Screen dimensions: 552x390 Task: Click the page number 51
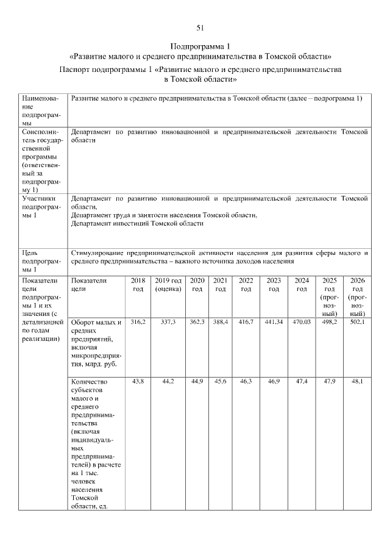tap(200, 27)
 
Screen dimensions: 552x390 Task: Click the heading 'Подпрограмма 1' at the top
tap(200, 46)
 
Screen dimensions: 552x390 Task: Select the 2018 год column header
tap(138, 284)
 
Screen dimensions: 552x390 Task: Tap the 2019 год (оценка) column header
tap(168, 284)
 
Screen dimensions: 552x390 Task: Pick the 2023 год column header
tap(274, 284)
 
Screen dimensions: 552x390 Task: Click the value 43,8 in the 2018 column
tap(138, 381)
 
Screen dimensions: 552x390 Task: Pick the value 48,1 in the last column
tap(357, 381)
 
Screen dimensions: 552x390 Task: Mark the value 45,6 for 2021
tap(221, 381)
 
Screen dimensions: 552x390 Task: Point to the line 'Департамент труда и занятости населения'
tap(164, 215)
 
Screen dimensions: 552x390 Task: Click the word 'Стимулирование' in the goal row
tap(97, 253)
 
